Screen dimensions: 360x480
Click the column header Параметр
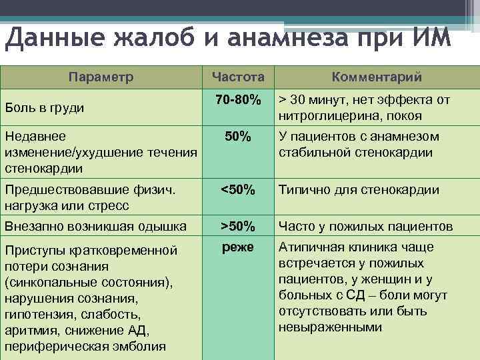(x=101, y=76)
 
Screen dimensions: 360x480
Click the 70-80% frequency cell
(x=238, y=99)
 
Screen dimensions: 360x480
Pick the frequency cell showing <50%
(x=238, y=189)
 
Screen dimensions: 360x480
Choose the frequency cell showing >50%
(x=238, y=225)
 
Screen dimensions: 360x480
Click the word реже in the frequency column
(x=238, y=247)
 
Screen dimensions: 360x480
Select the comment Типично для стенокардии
(x=359, y=190)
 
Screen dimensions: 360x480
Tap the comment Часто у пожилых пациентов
(x=366, y=226)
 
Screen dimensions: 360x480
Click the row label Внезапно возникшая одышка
(x=95, y=226)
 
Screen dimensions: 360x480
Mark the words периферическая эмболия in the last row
(x=86, y=346)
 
